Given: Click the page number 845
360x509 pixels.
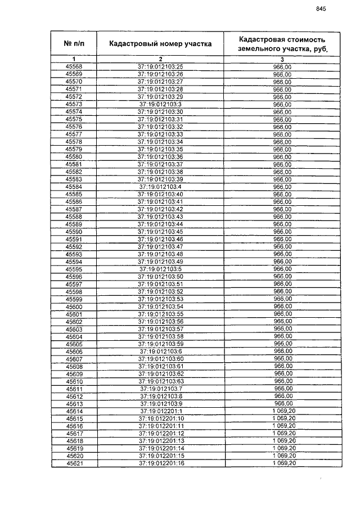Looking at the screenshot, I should (x=321, y=8).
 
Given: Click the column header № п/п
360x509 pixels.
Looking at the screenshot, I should (x=74, y=43).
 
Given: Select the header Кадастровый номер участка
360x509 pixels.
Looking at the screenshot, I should (x=160, y=43).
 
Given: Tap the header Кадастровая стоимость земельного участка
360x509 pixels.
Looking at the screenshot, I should (x=282, y=43).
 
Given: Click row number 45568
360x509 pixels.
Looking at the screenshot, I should (x=74, y=67).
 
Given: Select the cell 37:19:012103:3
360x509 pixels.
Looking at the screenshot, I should (x=160, y=104).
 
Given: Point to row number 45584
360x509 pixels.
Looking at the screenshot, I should (x=74, y=187).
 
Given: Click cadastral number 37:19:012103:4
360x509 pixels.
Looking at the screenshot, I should (x=160, y=187).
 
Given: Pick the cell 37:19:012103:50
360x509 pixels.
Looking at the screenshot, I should (x=160, y=277).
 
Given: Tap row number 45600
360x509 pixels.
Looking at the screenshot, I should (x=74, y=307).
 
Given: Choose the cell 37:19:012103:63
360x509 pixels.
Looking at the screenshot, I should (x=160, y=381).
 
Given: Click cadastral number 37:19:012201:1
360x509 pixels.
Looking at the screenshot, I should (x=160, y=411).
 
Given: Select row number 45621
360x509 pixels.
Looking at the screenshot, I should (x=74, y=463).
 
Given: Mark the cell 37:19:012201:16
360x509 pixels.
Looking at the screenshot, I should (x=160, y=463).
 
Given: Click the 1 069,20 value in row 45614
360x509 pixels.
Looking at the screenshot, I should (x=282, y=411).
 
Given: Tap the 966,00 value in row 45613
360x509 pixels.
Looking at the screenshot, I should (x=282, y=404).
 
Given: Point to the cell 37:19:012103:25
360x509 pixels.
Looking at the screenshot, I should (x=160, y=67).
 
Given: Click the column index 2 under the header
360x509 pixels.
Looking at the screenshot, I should (x=160, y=59).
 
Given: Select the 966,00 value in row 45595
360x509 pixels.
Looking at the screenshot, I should (x=282, y=269).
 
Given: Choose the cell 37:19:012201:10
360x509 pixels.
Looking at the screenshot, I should (x=160, y=418).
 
